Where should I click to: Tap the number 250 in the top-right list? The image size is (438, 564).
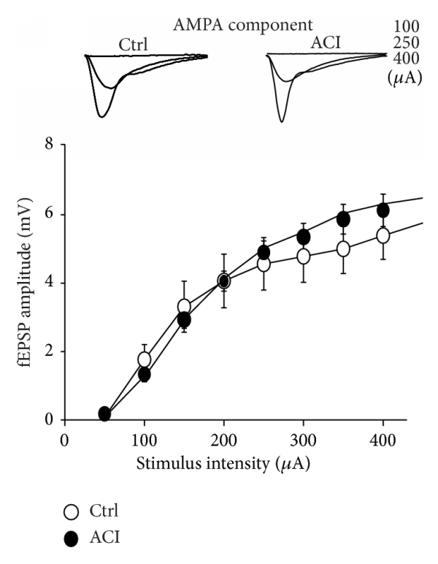click(403, 42)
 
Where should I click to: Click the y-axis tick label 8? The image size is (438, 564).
click(48, 145)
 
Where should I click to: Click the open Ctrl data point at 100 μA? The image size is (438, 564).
click(145, 359)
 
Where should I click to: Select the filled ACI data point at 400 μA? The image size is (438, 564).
click(383, 210)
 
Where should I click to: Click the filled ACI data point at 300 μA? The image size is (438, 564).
click(304, 237)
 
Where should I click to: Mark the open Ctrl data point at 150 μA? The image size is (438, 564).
click(184, 306)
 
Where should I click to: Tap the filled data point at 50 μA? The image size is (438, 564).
click(105, 414)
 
